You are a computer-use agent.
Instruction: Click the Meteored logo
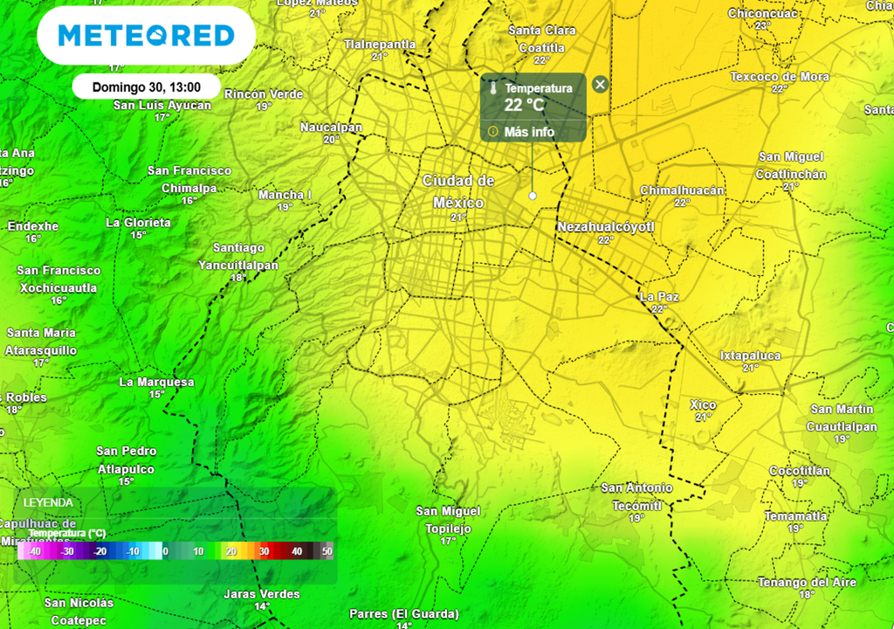146,36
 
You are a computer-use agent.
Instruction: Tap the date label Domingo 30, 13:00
146,87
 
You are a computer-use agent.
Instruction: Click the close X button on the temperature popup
600,85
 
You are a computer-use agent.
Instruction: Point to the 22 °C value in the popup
524,106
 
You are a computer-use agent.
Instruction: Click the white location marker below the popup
533,196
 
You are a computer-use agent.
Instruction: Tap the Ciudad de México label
459,191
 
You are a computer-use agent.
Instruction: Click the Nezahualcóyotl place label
605,227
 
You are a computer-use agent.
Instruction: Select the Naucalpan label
331,128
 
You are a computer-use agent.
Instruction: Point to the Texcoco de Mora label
780,77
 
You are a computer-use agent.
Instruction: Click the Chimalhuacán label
683,190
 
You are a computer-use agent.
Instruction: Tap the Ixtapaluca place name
750,356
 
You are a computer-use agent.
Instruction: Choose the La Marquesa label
156,382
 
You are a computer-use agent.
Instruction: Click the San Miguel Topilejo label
448,520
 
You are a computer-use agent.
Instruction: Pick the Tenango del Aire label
807,582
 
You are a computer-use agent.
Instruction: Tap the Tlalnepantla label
380,44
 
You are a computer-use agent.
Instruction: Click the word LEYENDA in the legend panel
48,502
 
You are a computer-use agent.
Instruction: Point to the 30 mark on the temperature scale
263,551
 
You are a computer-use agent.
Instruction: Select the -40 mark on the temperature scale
34,551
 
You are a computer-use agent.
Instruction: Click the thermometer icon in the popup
493,88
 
